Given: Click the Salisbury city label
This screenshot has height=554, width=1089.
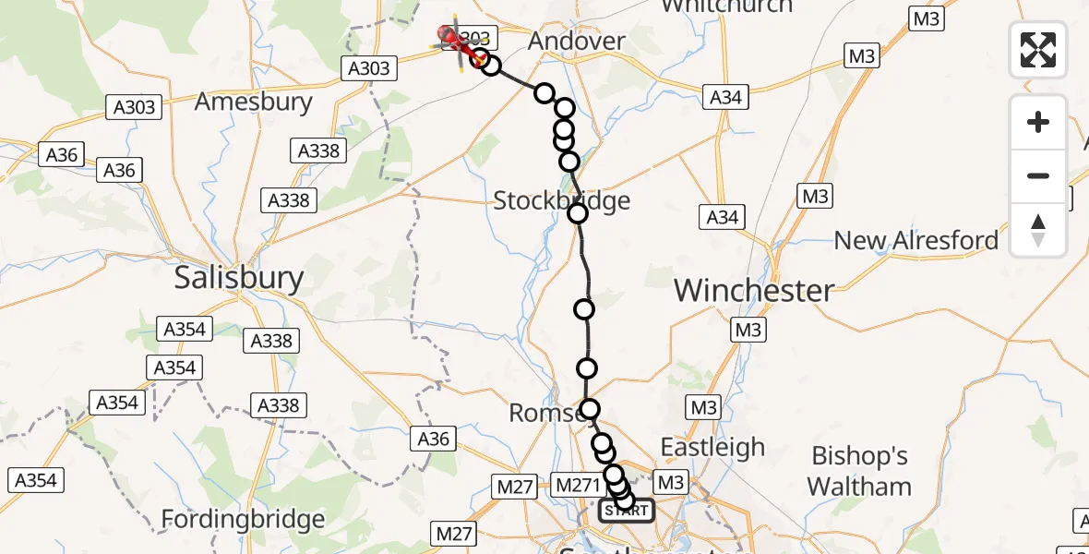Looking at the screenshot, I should point(239,278).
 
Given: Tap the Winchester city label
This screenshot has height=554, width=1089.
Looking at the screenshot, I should point(754,291).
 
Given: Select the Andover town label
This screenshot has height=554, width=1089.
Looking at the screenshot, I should point(576,42).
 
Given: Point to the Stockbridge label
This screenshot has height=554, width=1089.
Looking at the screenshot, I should point(561,200).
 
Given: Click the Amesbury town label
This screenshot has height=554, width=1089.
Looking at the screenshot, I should point(253,101).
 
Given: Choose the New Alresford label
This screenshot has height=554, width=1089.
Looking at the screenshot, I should point(915,241).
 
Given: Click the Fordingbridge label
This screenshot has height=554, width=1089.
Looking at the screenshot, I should point(243,519).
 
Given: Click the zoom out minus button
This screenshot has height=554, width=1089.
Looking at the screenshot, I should point(1038,175).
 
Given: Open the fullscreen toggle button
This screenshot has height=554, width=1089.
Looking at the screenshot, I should point(1038,49).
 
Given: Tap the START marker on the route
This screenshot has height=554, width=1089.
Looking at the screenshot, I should point(627,511).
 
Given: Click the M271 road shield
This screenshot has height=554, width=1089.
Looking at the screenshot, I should point(578,483).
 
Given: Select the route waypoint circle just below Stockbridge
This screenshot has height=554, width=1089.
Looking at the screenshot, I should point(578,213).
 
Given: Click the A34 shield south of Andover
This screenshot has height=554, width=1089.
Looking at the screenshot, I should point(724,96).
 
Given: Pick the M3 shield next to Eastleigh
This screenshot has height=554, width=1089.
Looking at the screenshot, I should point(672,481).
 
